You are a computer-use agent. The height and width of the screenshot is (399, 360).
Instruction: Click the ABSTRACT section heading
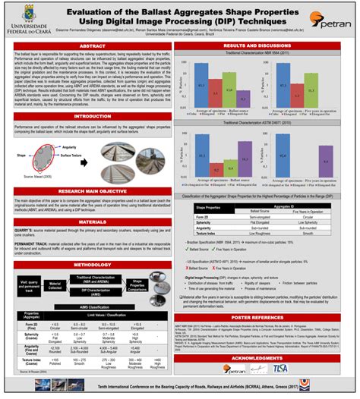pyautogui.click(x=91, y=46)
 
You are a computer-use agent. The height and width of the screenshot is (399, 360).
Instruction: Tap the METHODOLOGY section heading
pyautogui.click(x=91, y=264)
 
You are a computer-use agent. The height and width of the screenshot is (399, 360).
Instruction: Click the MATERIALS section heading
pyautogui.click(x=91, y=221)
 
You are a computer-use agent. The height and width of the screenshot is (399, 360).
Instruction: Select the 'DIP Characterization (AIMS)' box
pyautogui.click(x=99, y=292)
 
